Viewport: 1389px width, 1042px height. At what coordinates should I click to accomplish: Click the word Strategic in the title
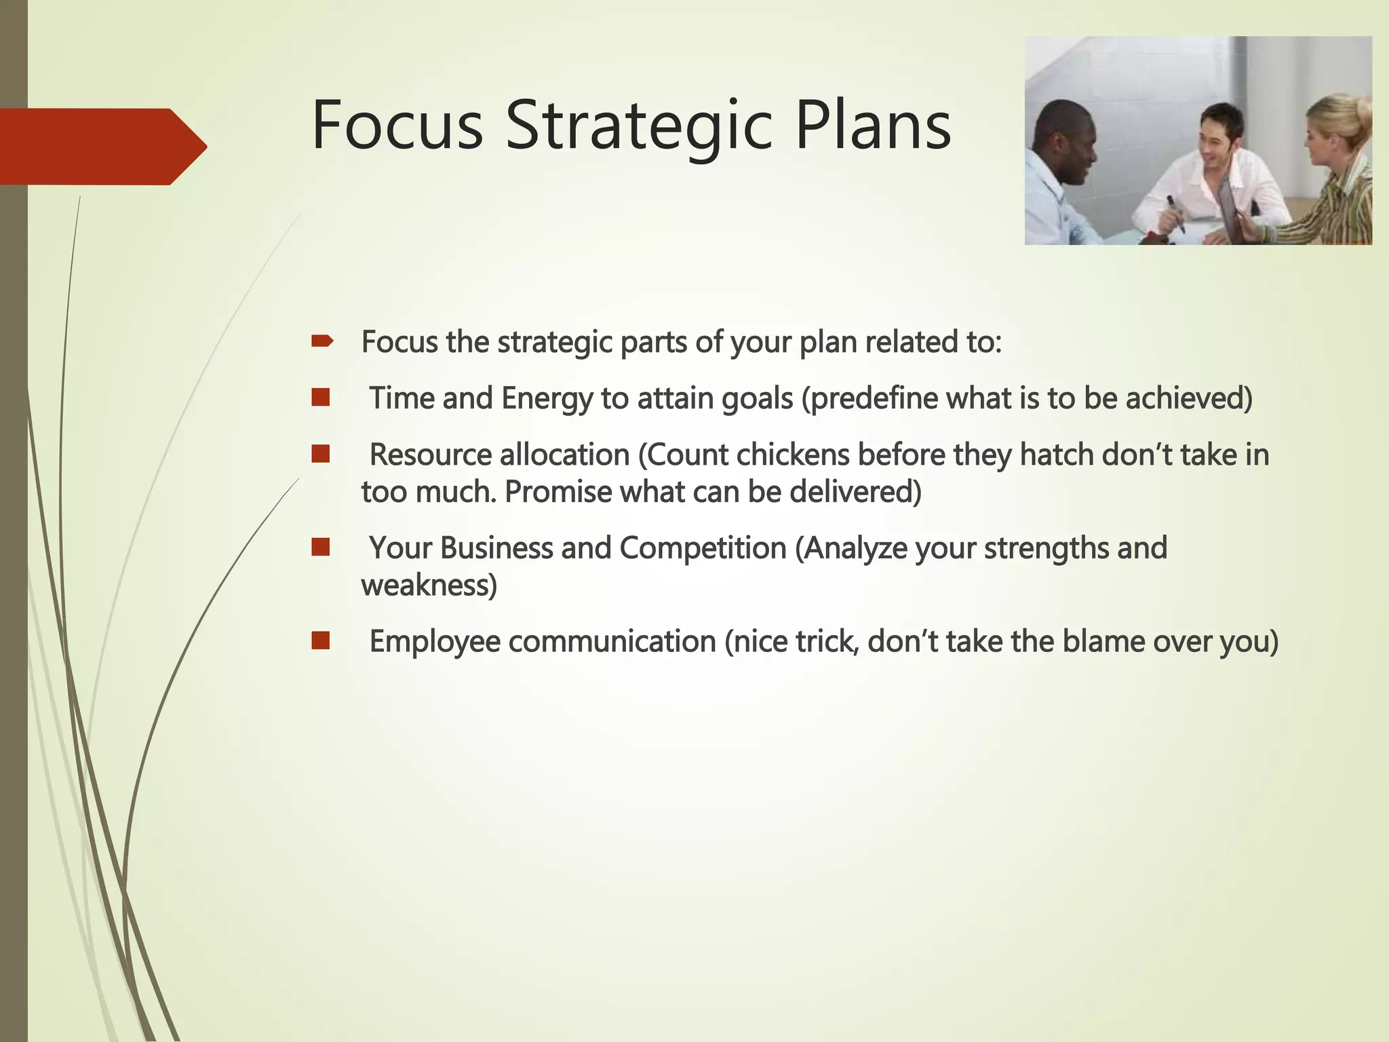pyautogui.click(x=638, y=127)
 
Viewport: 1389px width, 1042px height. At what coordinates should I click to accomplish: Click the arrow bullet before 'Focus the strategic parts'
pyautogui.click(x=321, y=341)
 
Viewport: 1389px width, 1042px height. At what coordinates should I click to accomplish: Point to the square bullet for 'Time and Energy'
pyautogui.click(x=321, y=398)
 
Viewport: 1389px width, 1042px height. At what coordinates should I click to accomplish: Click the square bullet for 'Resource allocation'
pyautogui.click(x=321, y=454)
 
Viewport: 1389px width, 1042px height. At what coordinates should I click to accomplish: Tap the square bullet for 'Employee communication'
pyautogui.click(x=321, y=640)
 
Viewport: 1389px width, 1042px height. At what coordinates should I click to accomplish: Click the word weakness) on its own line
pyautogui.click(x=429, y=585)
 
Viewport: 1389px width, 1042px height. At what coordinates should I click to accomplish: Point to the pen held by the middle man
pyautogui.click(x=1175, y=213)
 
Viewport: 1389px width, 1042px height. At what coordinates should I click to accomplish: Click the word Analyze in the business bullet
pyautogui.click(x=856, y=548)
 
